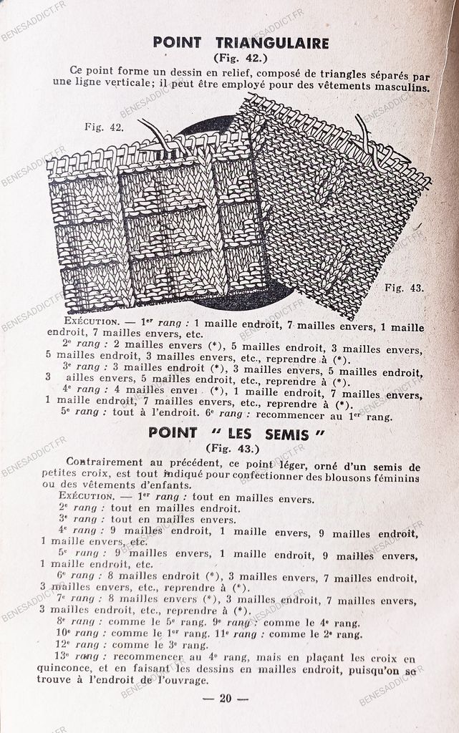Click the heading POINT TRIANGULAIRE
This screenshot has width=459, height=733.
pyautogui.click(x=241, y=43)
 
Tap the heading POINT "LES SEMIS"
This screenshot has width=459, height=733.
pyautogui.click(x=236, y=434)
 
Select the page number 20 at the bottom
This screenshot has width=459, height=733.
pyautogui.click(x=225, y=699)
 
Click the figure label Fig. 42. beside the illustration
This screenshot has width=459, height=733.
pyautogui.click(x=105, y=127)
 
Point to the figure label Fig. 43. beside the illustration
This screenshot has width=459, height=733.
pyautogui.click(x=405, y=288)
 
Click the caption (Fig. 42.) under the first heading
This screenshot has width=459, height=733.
pyautogui.click(x=241, y=57)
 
